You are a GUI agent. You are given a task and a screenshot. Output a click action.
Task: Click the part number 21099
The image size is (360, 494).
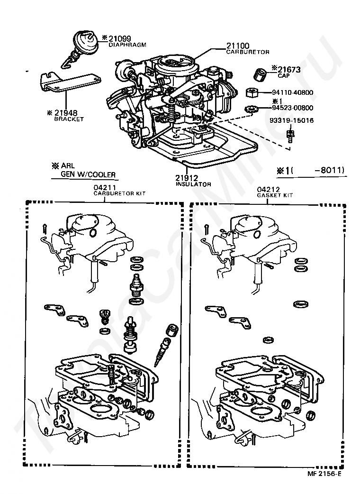(120, 38)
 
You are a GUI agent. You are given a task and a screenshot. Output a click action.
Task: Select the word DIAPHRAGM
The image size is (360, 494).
(127, 45)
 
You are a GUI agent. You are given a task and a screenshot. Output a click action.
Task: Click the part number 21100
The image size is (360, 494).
(238, 46)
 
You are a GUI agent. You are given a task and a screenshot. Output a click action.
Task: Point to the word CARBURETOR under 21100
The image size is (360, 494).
(248, 52)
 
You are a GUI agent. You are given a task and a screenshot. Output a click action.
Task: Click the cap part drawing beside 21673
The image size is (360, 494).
(260, 74)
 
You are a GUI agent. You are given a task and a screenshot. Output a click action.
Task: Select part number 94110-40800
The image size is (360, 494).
(293, 92)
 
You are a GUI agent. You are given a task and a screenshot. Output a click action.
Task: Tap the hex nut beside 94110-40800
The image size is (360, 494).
(252, 92)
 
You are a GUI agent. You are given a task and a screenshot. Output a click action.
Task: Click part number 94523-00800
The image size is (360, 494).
(293, 108)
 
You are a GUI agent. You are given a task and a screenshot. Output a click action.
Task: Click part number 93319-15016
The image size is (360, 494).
(291, 120)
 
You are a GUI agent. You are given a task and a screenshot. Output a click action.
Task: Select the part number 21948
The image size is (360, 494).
(66, 113)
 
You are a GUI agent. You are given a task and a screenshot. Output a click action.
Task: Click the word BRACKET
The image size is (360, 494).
(69, 119)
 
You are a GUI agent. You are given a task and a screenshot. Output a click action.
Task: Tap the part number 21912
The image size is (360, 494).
(187, 178)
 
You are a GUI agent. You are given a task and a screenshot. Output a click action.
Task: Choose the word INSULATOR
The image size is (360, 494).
(193, 184)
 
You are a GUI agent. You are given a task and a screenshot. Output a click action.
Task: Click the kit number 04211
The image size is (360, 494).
(105, 188)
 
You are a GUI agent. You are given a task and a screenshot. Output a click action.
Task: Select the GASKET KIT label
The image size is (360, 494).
(275, 195)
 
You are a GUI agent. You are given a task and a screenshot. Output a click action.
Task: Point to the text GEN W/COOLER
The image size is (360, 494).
(88, 174)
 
